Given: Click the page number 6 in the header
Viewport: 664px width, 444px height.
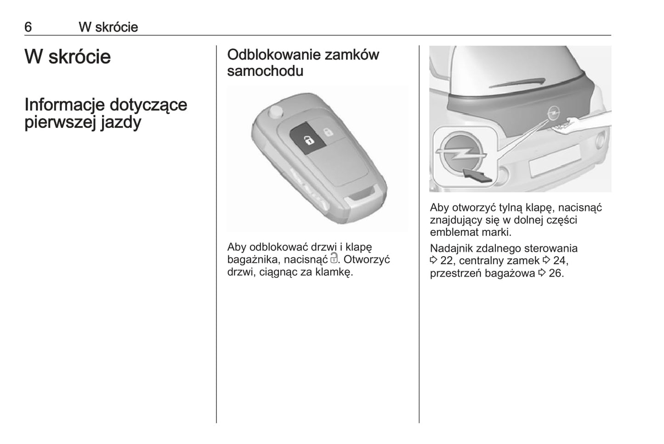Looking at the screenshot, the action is pyautogui.click(x=28, y=27).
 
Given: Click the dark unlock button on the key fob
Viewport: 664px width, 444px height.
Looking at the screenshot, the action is pyautogui.click(x=308, y=138).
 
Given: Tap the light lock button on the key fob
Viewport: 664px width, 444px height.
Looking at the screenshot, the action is pyautogui.click(x=328, y=132).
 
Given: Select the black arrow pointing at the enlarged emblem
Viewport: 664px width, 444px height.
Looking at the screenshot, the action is pyautogui.click(x=477, y=175).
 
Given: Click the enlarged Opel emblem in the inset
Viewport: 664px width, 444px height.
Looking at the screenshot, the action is pyautogui.click(x=460, y=154).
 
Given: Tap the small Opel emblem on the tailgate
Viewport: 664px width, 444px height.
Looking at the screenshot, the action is pyautogui.click(x=553, y=113).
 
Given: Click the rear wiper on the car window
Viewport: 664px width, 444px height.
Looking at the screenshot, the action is pyautogui.click(x=517, y=83).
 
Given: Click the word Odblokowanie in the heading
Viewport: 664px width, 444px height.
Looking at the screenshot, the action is pyautogui.click(x=274, y=55).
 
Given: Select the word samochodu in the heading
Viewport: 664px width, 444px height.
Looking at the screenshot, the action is pyautogui.click(x=265, y=71).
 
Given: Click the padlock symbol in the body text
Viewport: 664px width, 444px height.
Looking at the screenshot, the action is pyautogui.click(x=334, y=258).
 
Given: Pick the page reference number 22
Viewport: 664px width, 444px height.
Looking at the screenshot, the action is pyautogui.click(x=447, y=260).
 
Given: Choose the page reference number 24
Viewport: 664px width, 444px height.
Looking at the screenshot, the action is pyautogui.click(x=559, y=260).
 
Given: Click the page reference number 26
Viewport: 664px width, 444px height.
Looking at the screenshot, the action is pyautogui.click(x=555, y=273).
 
